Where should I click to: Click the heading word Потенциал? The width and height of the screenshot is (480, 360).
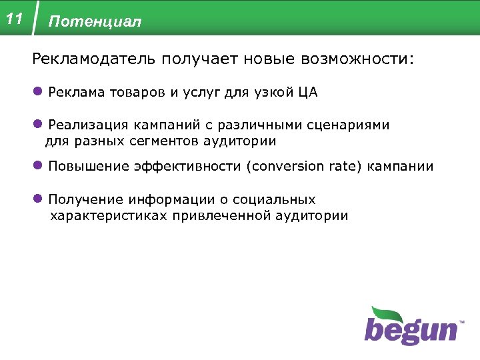95,22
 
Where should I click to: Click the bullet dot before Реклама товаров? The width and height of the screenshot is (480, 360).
39,92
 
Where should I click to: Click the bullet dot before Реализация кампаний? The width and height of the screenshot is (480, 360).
39,125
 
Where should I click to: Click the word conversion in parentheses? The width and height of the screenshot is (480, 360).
287,167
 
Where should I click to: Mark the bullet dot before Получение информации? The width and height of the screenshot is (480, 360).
39,199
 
